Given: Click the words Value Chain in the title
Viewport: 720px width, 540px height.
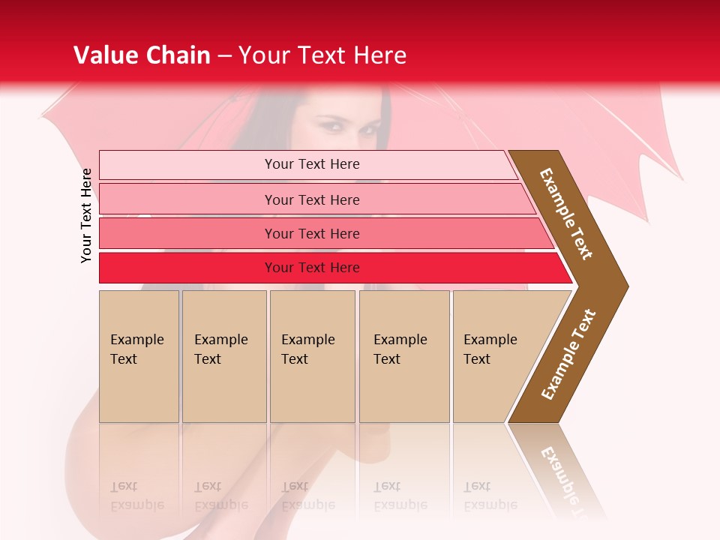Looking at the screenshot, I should (x=142, y=55).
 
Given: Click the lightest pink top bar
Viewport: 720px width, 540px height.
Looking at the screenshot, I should (x=225, y=165).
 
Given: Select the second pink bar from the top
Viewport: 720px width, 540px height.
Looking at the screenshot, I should (x=225, y=199).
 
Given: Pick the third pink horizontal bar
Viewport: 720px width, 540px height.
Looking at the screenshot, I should (x=225, y=233).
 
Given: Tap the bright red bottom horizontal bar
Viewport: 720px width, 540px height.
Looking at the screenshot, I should (x=225, y=268).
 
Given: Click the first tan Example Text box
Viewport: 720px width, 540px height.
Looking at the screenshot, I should (x=139, y=356).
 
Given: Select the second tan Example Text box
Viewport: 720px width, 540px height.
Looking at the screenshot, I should (x=223, y=356).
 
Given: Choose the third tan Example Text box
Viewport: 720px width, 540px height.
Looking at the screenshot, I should (x=312, y=356).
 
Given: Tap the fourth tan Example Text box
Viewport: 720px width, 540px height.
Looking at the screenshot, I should (x=404, y=356).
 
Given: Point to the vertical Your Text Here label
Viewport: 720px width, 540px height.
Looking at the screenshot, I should (x=87, y=216).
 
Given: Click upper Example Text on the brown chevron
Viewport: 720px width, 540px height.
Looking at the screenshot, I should (x=566, y=214).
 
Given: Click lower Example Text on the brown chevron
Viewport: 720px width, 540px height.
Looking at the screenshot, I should (x=568, y=355).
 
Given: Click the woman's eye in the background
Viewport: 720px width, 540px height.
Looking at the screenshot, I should (x=330, y=124).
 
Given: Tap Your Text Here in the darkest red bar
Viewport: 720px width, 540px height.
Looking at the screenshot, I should (x=312, y=268).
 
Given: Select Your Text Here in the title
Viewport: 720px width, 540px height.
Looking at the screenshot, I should (x=322, y=55).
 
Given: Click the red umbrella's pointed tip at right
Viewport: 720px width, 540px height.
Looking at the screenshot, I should (x=681, y=178).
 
